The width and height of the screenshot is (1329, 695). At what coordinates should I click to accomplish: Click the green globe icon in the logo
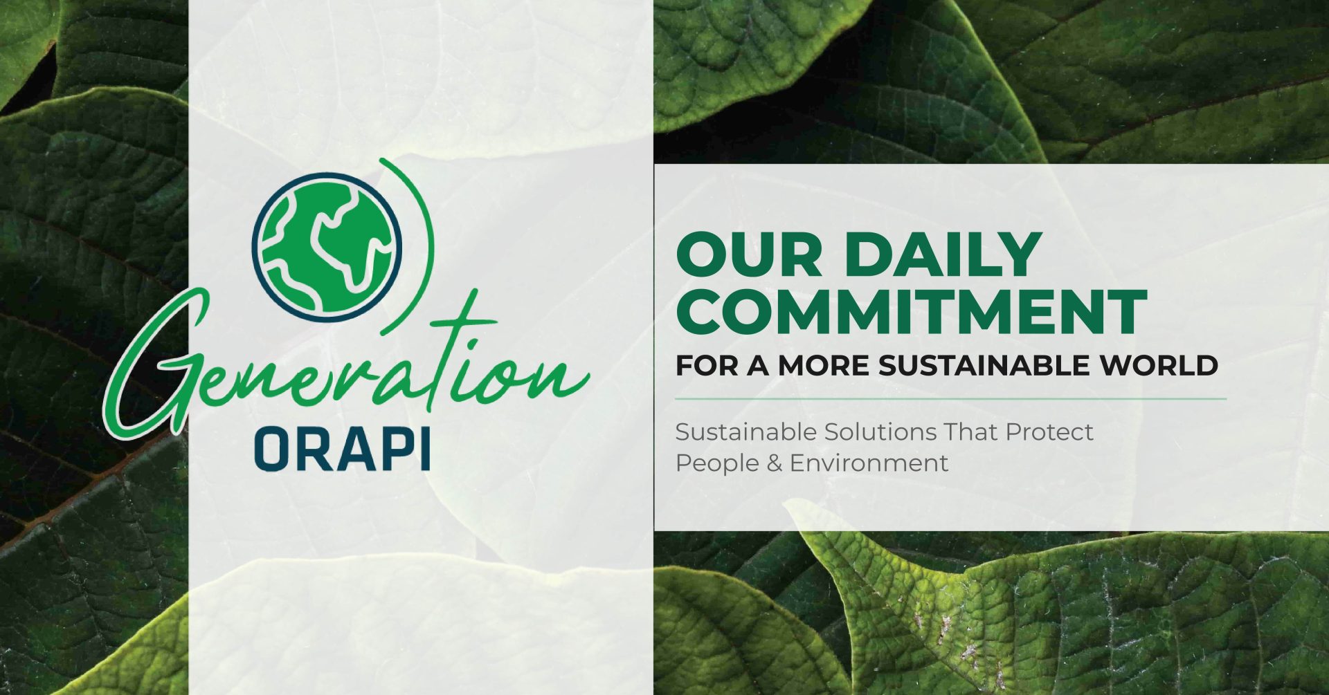pyautogui.click(x=327, y=248)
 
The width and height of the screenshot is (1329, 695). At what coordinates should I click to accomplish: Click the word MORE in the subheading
pyautogui.click(x=824, y=366)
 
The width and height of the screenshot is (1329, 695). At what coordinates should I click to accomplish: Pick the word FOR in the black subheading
pyautogui.click(x=706, y=366)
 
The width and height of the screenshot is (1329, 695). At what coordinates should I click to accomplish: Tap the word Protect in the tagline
pyautogui.click(x=1049, y=432)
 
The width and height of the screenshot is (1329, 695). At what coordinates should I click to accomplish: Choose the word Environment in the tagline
pyautogui.click(x=869, y=463)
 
